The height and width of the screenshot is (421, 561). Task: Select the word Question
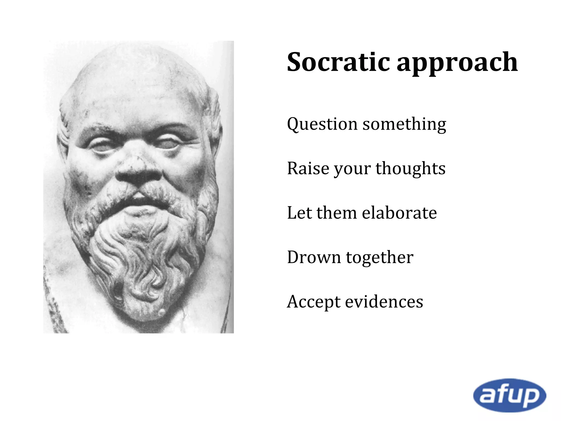tap(322, 124)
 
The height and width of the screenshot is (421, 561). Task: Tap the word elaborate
tap(399, 213)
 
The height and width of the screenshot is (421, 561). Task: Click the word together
tap(380, 258)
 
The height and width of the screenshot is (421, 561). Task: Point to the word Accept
tap(313, 302)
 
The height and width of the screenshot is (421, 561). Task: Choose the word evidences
tap(384, 301)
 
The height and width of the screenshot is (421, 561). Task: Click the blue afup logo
tap(510, 395)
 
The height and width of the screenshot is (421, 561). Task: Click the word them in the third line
tap(337, 213)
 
